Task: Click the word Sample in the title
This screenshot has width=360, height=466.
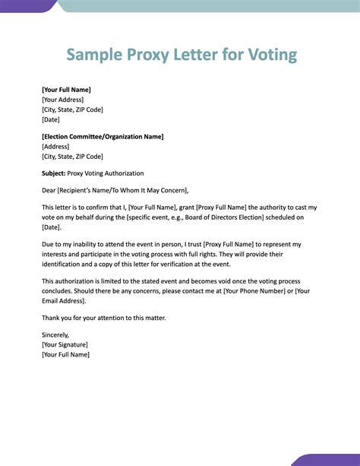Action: [93, 55]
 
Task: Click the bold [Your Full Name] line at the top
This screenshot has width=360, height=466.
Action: [66, 90]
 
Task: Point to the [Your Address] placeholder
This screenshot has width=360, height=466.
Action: [63, 100]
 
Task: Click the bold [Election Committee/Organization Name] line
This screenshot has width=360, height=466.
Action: [103, 137]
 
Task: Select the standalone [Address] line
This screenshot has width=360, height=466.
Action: [55, 147]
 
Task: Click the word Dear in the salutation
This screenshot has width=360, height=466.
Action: [49, 190]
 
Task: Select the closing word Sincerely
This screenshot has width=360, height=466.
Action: [55, 335]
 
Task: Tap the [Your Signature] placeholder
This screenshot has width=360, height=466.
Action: [66, 344]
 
